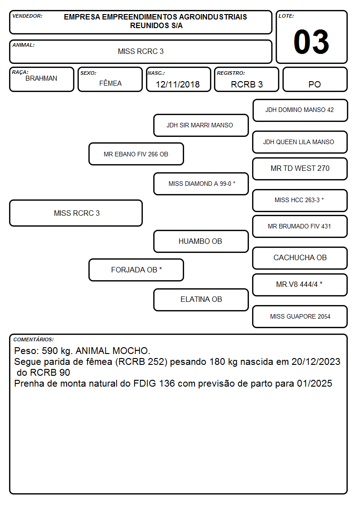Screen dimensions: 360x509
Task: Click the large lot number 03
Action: [311, 42]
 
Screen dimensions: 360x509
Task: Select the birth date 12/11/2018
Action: [178, 84]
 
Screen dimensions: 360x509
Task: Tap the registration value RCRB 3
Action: [247, 84]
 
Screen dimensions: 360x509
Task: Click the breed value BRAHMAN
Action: [41, 78]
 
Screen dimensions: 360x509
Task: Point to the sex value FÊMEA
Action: [110, 83]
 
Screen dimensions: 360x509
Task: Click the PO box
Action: [315, 79]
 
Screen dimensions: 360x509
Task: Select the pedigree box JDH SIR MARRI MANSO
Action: [201, 125]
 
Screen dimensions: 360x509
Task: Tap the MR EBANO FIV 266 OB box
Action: [136, 154]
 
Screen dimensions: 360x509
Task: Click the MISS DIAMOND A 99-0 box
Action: [201, 184]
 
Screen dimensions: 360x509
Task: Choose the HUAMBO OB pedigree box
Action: [201, 241]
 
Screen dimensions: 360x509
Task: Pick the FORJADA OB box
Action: [136, 270]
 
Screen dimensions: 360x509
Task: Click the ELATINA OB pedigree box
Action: [201, 300]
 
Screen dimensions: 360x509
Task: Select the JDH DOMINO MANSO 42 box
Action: [300, 111]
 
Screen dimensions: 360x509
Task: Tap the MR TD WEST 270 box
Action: [300, 169]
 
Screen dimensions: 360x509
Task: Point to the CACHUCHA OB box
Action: [300, 258]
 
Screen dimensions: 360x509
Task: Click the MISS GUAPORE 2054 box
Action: [300, 316]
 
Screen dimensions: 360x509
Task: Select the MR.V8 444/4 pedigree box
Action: [300, 285]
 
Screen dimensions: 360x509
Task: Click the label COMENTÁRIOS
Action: [34, 339]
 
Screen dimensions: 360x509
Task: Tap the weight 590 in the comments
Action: [50, 351]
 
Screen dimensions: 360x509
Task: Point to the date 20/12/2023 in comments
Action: [316, 362]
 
